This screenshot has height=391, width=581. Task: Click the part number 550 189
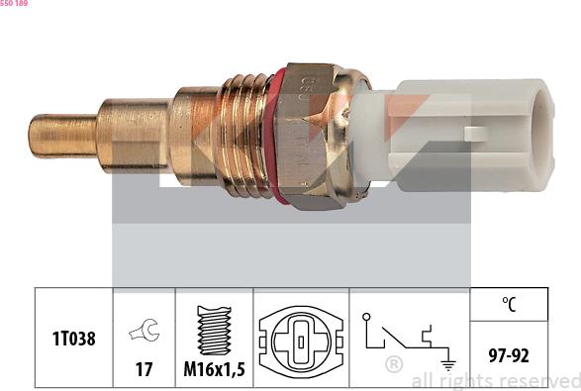[14, 4]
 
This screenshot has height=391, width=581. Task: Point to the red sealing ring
[279, 137]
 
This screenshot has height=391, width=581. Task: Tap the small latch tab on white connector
[475, 133]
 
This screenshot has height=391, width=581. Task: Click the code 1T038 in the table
[74, 339]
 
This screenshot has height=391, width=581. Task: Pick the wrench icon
[145, 331]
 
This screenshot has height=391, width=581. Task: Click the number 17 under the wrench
[145, 369]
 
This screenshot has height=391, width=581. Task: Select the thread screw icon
[214, 330]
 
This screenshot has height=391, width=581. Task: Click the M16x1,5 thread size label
[214, 369]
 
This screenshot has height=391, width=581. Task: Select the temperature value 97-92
[508, 353]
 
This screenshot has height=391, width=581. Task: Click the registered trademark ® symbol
[393, 364]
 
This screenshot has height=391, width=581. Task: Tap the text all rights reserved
[495, 380]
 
